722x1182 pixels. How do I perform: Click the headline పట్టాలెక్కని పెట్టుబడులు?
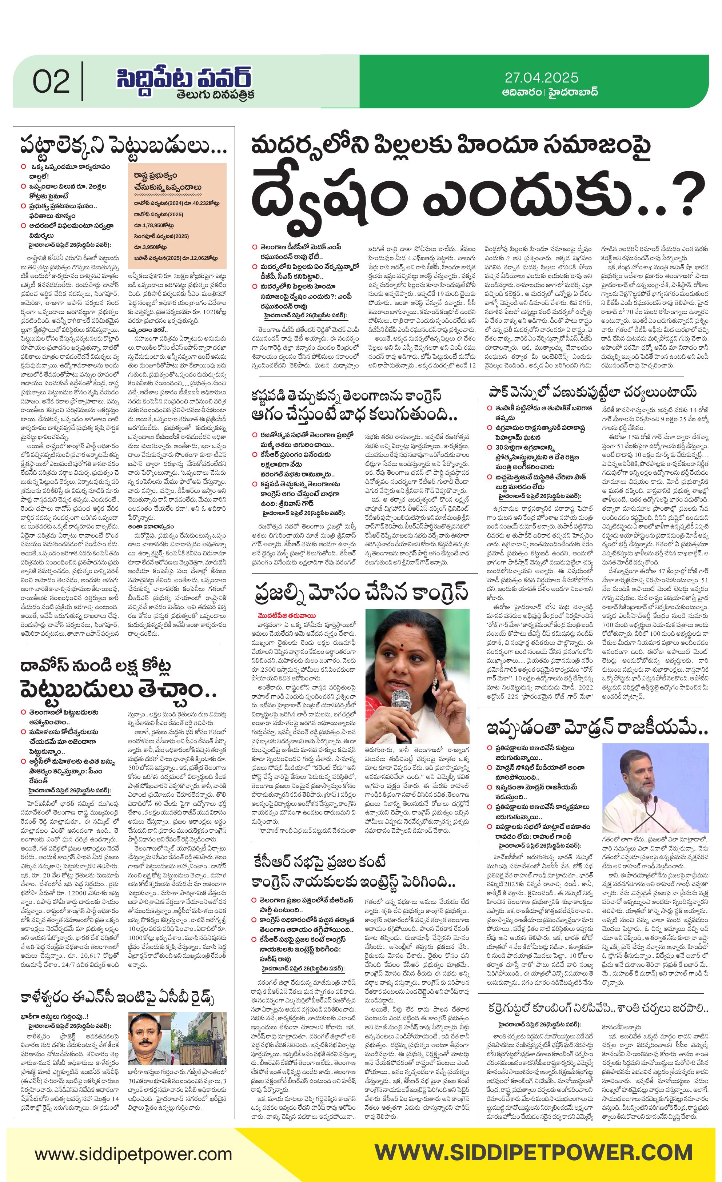(123, 145)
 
